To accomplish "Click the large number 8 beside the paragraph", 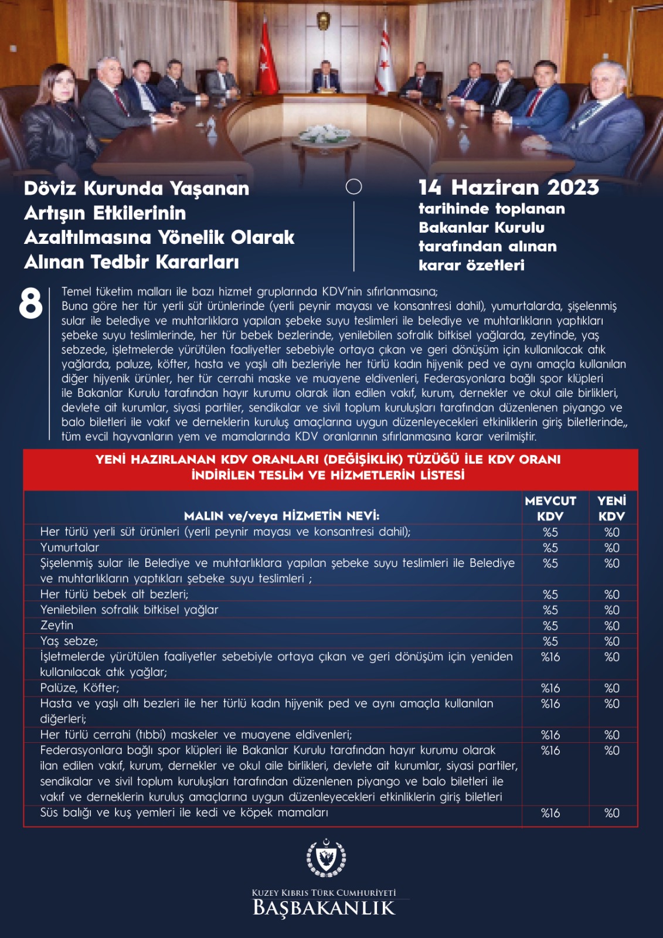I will click(x=30, y=304).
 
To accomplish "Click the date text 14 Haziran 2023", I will click(x=508, y=188).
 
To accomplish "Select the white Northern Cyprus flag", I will click(x=383, y=59).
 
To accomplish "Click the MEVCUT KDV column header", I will click(x=550, y=508).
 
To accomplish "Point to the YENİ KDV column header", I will click(x=611, y=508).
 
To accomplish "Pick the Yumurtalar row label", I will click(x=70, y=548).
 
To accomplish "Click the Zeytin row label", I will click(x=57, y=626).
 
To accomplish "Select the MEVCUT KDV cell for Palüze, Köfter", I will click(x=550, y=688).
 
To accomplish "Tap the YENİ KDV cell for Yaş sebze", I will click(x=611, y=641).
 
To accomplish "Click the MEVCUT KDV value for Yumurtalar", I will click(x=550, y=548).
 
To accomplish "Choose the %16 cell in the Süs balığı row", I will click(x=550, y=813).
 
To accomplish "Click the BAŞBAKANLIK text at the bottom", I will click(x=324, y=908).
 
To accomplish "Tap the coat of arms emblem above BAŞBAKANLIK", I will click(x=326, y=858).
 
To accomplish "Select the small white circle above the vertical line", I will click(x=354, y=187).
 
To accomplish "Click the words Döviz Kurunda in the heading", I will click(x=94, y=189).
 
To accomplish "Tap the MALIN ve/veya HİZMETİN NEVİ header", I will click(x=281, y=516).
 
